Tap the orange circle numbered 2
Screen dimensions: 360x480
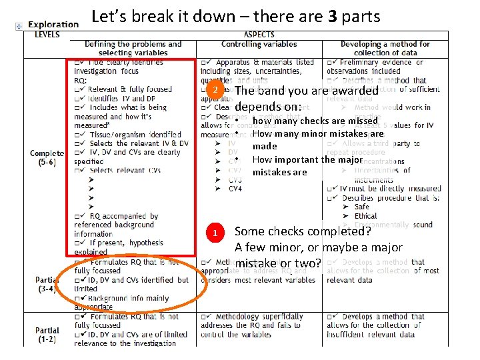(215, 90)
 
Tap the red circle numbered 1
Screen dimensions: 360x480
(215, 233)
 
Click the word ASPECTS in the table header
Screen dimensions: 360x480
(259, 35)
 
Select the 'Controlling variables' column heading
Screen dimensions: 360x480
(259, 44)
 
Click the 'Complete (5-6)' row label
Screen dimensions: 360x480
(47, 157)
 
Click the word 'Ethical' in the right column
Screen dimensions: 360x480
(366, 216)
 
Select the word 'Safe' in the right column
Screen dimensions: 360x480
(362, 207)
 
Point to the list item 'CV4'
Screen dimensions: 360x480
(235, 189)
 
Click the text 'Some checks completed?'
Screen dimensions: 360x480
(303, 231)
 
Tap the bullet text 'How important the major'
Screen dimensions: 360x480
(309, 159)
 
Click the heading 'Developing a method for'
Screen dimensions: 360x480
(385, 44)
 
